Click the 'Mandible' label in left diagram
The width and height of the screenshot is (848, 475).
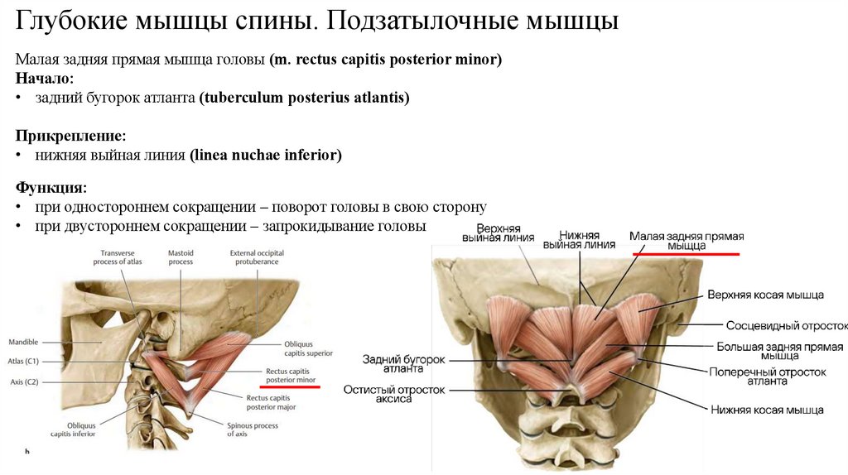click(23, 341)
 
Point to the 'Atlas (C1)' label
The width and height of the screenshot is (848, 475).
click(26, 361)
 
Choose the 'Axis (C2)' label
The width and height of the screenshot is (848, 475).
click(24, 381)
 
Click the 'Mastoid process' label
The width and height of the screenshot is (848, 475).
click(181, 257)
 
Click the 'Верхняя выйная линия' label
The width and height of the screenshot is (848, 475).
click(498, 233)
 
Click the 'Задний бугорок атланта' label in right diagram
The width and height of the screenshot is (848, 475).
click(403, 364)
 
